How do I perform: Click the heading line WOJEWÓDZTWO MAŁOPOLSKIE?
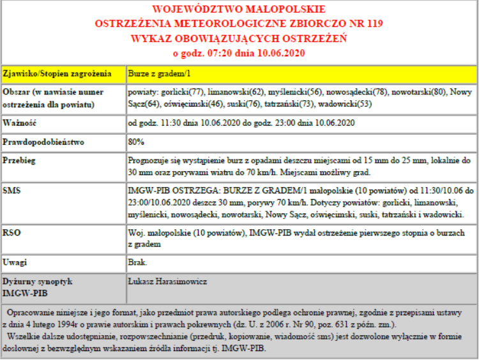click(239, 10)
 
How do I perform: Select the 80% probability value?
click(136, 142)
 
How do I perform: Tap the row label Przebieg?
click(20, 161)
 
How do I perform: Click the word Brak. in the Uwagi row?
click(138, 262)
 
